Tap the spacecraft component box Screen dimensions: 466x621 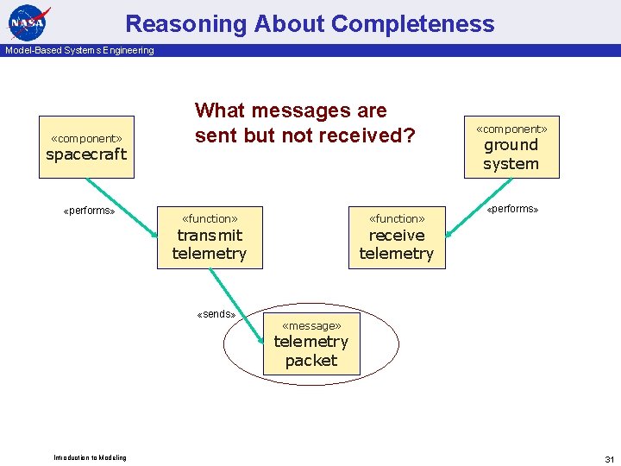click(x=86, y=147)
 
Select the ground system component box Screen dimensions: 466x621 click(x=511, y=147)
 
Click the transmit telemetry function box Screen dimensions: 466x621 click(x=209, y=237)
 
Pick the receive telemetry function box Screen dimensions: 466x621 click(x=397, y=237)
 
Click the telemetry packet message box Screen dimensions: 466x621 click(x=310, y=343)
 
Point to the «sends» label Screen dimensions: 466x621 click(x=216, y=314)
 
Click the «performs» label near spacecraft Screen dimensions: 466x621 click(x=90, y=211)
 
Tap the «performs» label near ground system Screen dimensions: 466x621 click(x=512, y=209)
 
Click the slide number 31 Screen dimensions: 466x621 click(x=609, y=458)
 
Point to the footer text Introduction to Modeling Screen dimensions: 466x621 click(x=90, y=457)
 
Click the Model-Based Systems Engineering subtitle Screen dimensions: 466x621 click(x=79, y=50)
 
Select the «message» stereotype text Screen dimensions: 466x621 click(x=311, y=325)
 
